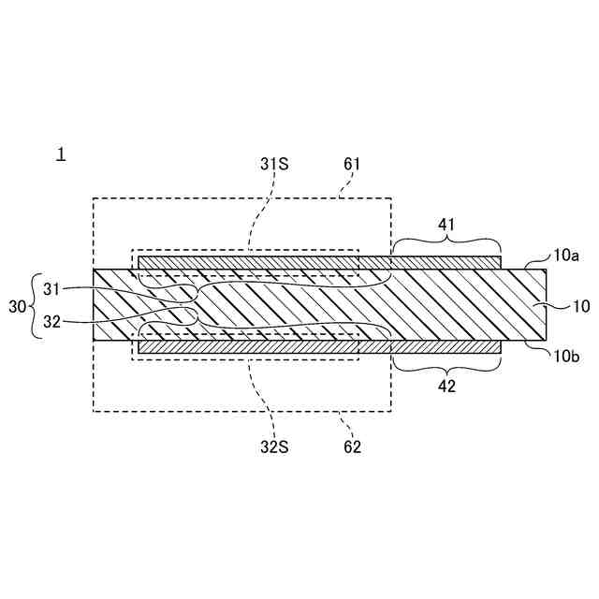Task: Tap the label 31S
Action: [274, 164]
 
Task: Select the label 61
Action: [352, 164]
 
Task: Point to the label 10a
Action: [566, 254]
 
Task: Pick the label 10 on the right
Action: [580, 306]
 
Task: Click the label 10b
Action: [566, 355]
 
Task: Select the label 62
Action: [352, 446]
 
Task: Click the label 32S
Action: [274, 446]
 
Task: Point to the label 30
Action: [18, 306]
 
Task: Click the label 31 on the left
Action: [51, 290]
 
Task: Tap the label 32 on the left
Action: [51, 321]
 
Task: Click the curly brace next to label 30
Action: [36, 306]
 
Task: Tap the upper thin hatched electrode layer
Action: [318, 263]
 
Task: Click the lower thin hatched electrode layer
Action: [318, 346]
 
